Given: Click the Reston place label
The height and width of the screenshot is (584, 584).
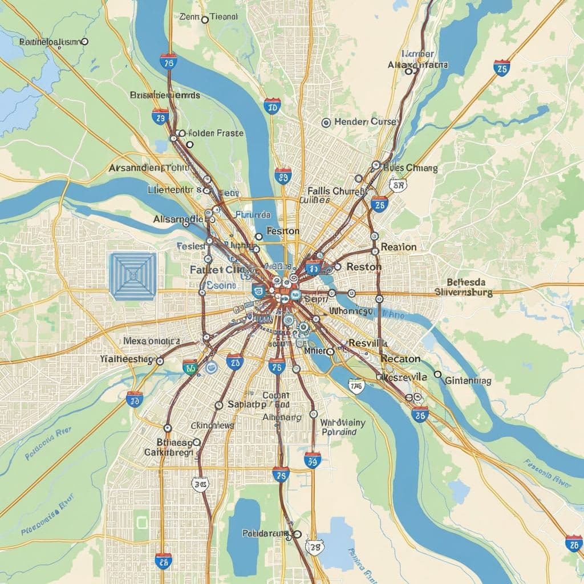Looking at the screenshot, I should (364, 266).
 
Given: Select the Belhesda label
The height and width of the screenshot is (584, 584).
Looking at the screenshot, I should (466, 282).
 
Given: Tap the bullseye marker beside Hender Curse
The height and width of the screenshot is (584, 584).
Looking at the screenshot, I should (326, 122).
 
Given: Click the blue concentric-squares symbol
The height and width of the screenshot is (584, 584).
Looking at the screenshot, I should (133, 277).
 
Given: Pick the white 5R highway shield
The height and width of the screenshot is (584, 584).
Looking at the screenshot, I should (397, 185).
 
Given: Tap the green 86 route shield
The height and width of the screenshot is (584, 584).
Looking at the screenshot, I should (190, 367).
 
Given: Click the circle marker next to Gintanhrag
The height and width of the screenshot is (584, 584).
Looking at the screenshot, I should (437, 375).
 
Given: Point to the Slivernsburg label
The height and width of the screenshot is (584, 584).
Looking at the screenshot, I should (463, 292).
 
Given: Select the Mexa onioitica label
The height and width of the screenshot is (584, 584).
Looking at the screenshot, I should (152, 341).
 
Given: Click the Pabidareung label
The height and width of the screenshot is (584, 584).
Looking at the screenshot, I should (266, 533).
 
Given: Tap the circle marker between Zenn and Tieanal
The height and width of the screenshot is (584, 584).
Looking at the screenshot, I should (205, 19).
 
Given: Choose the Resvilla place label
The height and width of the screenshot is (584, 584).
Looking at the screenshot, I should (368, 344).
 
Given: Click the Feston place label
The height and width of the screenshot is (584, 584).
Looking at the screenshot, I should (283, 231).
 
